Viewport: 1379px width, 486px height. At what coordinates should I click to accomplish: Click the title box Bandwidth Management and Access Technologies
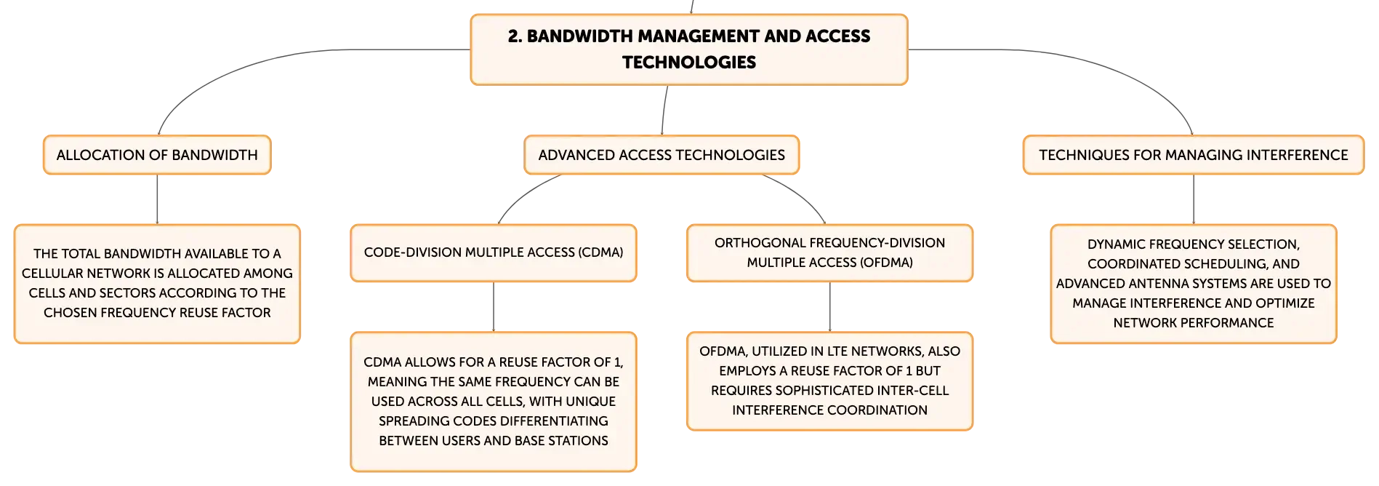pos(689,49)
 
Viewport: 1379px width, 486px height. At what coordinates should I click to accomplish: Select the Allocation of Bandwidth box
pos(157,155)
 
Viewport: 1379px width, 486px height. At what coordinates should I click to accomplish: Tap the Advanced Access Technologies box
pos(662,155)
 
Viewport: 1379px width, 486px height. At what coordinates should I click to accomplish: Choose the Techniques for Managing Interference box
pos(1193,155)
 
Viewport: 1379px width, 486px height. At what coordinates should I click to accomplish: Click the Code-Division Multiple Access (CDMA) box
pos(494,252)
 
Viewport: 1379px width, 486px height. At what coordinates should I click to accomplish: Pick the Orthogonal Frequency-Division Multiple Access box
pos(829,252)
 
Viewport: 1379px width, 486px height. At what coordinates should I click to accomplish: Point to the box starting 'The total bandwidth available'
pos(157,284)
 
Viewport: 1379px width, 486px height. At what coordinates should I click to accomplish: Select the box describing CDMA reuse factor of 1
pos(494,402)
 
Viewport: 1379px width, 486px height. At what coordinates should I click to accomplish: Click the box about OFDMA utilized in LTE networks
pos(829,381)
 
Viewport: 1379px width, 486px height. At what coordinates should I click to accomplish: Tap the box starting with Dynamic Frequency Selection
pos(1194,284)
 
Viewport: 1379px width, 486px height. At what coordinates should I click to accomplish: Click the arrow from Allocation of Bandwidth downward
pos(157,199)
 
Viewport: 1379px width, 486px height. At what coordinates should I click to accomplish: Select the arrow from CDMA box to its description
pos(494,307)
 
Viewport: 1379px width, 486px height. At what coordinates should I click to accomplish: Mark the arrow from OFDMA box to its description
pos(829,307)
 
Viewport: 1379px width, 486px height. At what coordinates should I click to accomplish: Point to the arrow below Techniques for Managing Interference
pos(1194,199)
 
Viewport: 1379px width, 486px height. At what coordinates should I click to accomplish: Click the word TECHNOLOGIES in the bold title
pos(689,63)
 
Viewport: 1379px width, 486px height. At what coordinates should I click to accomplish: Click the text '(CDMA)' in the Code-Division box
pos(600,252)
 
